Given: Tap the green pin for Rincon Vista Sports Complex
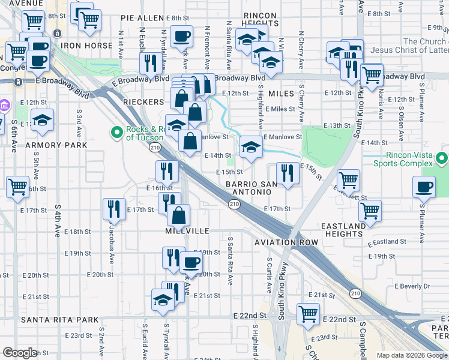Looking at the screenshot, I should pyautogui.click(x=442, y=158).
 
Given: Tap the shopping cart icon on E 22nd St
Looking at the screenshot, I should pyautogui.click(x=308, y=313).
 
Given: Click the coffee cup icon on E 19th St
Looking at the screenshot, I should pyautogui.click(x=191, y=262).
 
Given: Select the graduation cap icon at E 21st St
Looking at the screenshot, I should pyautogui.click(x=163, y=299).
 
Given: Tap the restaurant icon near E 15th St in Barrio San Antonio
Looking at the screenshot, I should pyautogui.click(x=288, y=173).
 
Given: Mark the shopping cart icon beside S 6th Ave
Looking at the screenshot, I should pyautogui.click(x=18, y=187).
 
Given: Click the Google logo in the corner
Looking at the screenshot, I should pyautogui.click(x=20, y=353).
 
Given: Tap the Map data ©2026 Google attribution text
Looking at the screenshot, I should pyautogui.click(x=411, y=355).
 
